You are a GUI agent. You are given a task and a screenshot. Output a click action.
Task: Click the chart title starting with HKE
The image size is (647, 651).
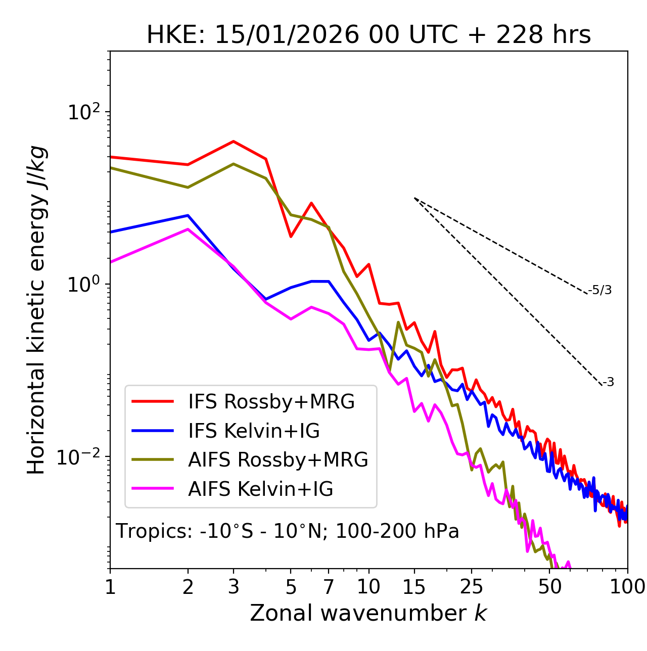point(368,35)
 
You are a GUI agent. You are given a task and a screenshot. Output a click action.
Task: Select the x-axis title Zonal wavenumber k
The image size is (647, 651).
point(368,613)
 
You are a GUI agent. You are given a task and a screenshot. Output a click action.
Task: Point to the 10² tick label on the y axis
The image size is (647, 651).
point(83,112)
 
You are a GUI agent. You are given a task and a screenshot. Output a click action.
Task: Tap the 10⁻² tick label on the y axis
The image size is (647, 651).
point(80,457)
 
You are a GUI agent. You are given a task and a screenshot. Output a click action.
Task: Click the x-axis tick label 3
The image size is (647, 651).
point(234,587)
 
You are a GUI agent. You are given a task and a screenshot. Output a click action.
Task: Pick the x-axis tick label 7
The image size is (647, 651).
point(329,587)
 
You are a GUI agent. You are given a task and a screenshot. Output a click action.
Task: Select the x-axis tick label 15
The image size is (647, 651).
point(414,587)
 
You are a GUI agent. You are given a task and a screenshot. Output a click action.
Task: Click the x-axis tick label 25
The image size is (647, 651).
point(471,587)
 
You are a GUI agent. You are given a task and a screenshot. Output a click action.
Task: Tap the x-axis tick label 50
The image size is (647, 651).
point(550,587)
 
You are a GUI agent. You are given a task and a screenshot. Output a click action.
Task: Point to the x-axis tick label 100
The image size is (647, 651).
point(627,587)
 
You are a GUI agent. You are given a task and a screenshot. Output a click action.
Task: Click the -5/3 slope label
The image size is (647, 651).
point(600,290)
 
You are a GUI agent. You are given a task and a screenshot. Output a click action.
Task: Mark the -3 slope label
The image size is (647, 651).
point(608,383)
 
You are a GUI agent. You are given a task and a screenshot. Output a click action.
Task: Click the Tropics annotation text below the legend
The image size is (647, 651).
point(288,531)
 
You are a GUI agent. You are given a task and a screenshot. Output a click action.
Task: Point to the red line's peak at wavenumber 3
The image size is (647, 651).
point(234,142)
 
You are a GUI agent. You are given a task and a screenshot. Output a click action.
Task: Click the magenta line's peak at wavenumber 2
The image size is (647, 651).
point(188,229)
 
